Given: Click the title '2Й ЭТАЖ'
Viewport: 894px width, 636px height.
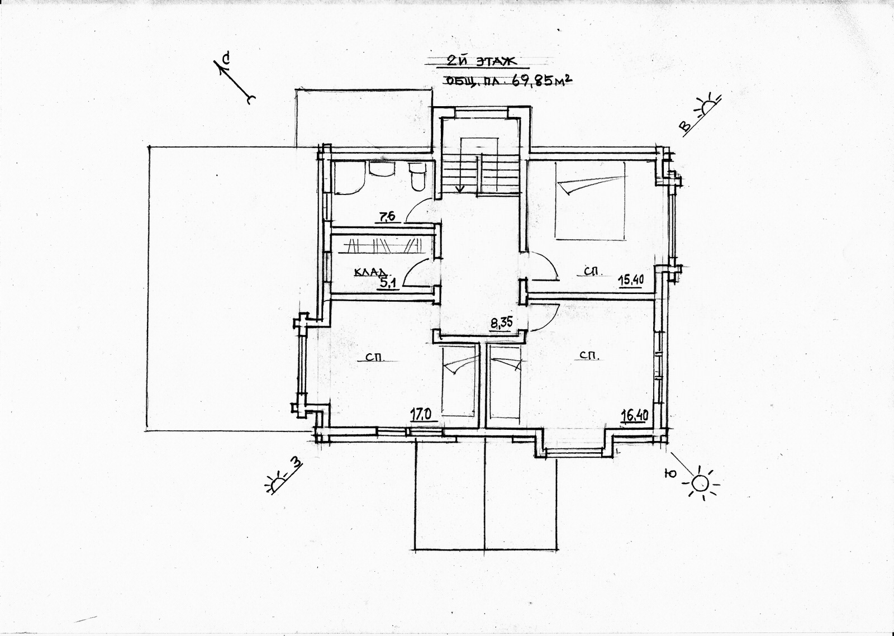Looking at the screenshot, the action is pyautogui.click(x=481, y=61).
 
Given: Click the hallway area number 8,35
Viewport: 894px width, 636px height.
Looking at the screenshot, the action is pyautogui.click(x=501, y=322).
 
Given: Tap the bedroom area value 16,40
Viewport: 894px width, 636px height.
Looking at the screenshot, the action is pyautogui.click(x=634, y=416).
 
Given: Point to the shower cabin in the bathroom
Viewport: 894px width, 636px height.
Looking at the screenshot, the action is pyautogui.click(x=349, y=177).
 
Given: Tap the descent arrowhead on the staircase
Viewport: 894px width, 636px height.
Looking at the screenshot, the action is pyautogui.click(x=461, y=189).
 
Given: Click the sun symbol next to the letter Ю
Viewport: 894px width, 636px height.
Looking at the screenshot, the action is pyautogui.click(x=700, y=483).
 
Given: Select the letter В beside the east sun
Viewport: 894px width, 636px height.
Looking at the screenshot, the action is pyautogui.click(x=685, y=126).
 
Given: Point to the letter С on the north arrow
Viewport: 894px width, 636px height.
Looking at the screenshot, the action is pyautogui.click(x=227, y=58).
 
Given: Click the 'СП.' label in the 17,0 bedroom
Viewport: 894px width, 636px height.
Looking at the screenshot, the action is pyautogui.click(x=375, y=357).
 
